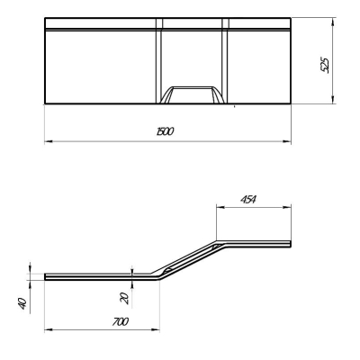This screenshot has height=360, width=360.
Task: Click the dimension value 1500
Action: (166, 131)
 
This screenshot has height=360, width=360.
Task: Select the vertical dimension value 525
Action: (325, 65)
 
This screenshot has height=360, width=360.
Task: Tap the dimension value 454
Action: (248, 200)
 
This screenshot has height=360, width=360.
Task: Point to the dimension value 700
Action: (121, 322)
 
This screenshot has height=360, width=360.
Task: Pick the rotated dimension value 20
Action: (125, 299)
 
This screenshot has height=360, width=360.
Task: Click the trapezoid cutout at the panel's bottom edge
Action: (192, 95)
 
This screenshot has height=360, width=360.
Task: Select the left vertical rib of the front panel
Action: (159, 61)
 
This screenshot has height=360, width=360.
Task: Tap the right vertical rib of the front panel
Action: (225, 61)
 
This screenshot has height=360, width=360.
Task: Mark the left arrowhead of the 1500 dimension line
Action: (48, 141)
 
